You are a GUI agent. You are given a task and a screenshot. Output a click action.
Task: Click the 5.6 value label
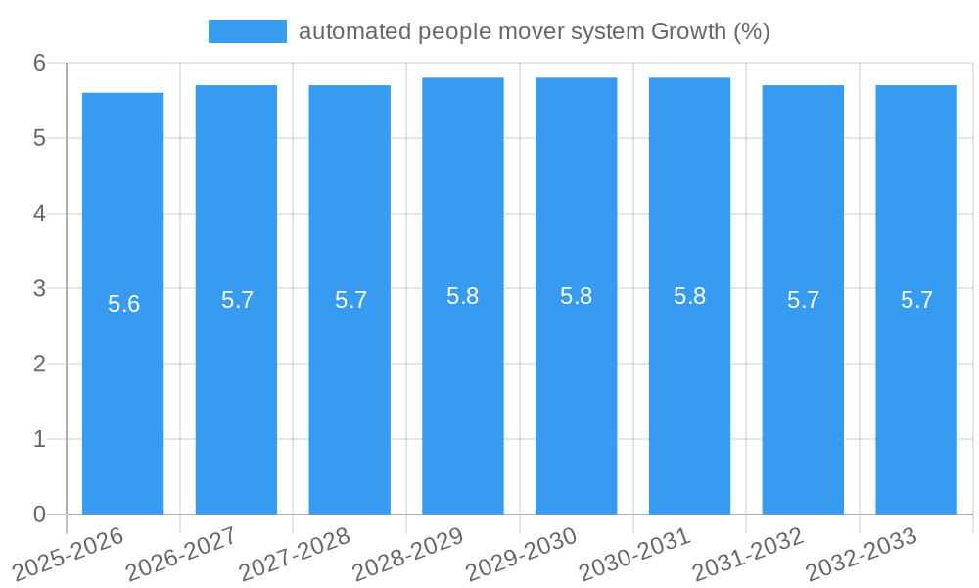click(x=124, y=304)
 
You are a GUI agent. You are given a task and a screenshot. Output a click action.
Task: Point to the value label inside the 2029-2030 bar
click(x=577, y=296)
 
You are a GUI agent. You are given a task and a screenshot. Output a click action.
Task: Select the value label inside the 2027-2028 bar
click(x=350, y=300)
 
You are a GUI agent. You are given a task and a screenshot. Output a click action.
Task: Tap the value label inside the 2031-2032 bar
click(x=803, y=300)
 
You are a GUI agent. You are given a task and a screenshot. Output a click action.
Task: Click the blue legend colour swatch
click(x=248, y=31)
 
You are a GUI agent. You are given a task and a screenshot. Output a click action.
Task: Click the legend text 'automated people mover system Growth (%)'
click(x=534, y=31)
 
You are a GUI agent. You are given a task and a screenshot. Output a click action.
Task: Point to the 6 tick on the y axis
click(x=40, y=63)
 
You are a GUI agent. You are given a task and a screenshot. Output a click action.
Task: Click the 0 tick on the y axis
click(x=40, y=514)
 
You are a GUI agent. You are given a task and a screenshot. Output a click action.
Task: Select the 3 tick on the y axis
click(x=40, y=289)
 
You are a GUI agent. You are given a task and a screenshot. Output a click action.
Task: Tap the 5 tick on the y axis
click(x=40, y=138)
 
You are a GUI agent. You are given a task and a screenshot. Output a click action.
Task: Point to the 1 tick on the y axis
click(x=40, y=439)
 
